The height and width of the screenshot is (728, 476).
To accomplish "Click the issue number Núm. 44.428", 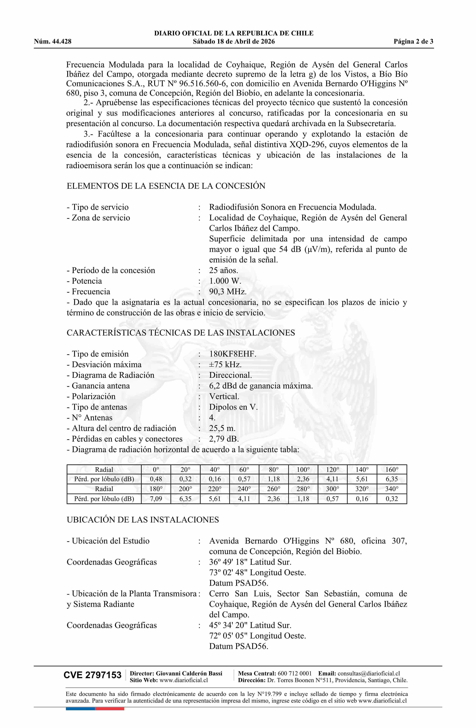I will [53, 42].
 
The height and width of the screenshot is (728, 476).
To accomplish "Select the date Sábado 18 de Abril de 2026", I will [234, 42].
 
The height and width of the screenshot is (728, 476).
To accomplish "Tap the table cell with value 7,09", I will [156, 499].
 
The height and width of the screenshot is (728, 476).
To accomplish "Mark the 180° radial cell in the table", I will [156, 489].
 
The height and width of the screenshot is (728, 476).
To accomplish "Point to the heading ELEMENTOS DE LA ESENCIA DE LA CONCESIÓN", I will [166, 186].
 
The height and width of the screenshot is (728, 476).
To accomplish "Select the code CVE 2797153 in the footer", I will [92, 675].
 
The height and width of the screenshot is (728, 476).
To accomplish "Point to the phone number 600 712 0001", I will [295, 673].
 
